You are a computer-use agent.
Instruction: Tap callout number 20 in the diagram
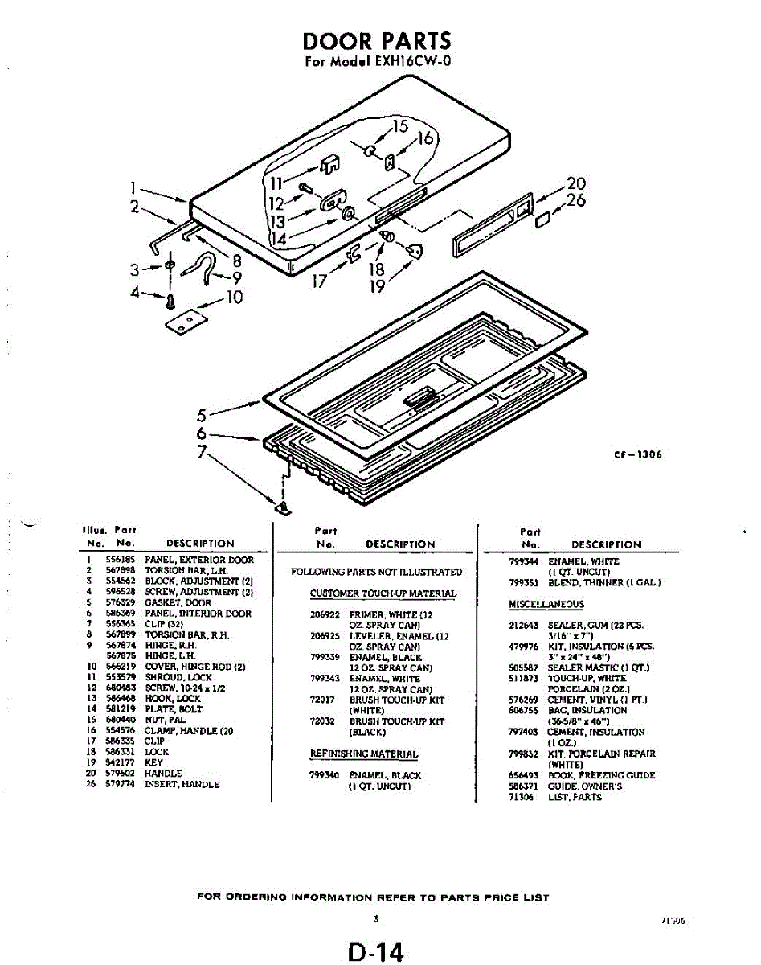click(576, 184)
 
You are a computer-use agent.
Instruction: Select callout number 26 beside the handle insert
click(576, 200)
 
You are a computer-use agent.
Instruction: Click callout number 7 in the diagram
click(205, 451)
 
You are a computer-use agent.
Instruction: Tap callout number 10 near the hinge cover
click(234, 298)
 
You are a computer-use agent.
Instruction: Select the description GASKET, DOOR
click(178, 602)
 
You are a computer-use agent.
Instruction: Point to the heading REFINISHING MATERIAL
click(364, 754)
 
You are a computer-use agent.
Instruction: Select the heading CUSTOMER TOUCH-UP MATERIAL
click(383, 593)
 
